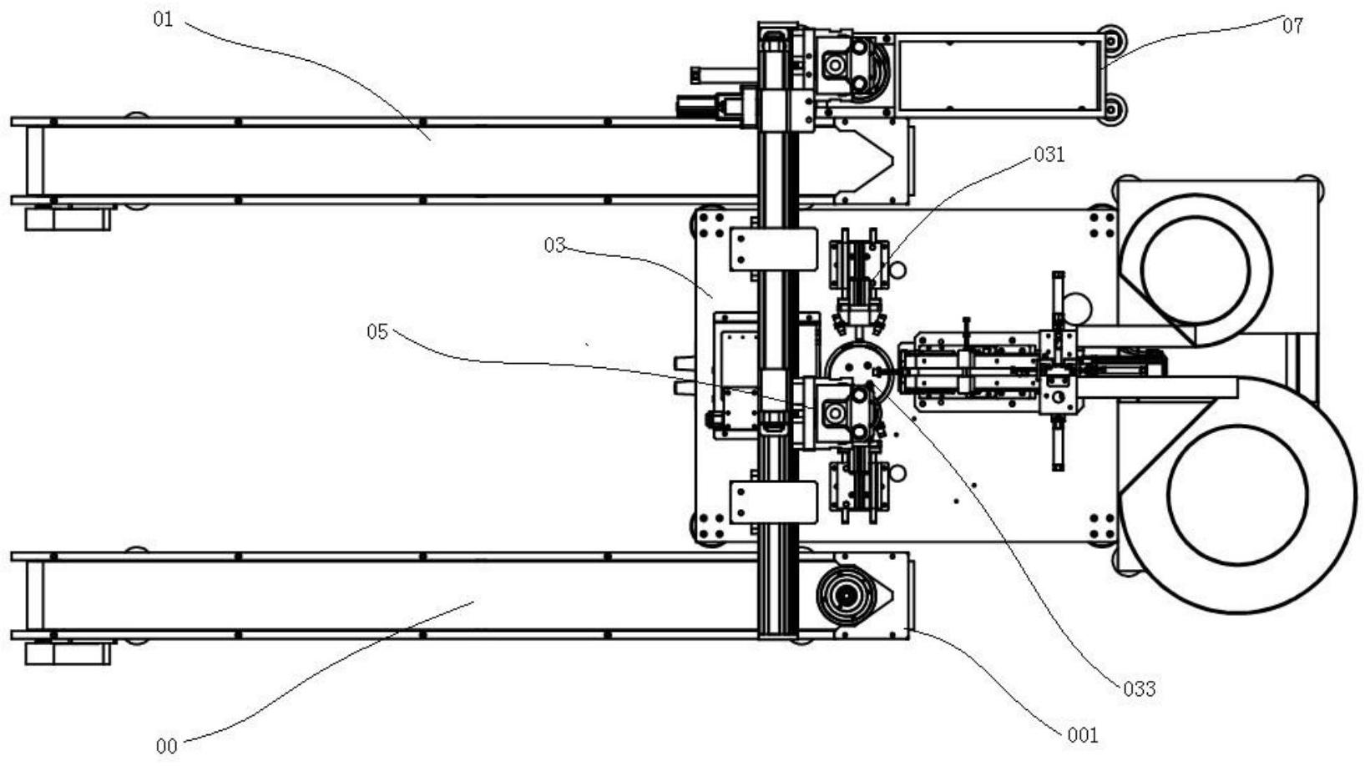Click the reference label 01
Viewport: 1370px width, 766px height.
click(164, 19)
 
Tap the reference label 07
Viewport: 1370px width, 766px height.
click(1292, 26)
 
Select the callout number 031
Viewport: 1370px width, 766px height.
click(1049, 154)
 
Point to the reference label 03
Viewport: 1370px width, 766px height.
click(554, 245)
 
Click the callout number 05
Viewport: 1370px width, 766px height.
click(377, 332)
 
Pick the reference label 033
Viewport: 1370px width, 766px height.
click(1140, 689)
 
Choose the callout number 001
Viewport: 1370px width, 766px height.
click(1083, 735)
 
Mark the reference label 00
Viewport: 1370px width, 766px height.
click(167, 747)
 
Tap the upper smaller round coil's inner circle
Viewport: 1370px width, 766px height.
click(1196, 270)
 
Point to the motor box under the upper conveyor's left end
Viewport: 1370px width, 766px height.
click(68, 219)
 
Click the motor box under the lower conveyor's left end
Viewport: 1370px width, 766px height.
click(68, 653)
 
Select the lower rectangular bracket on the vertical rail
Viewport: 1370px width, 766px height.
click(774, 501)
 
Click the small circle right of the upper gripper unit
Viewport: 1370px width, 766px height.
click(897, 269)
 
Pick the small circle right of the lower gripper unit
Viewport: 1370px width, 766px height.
click(897, 472)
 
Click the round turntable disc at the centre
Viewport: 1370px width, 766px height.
click(859, 369)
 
